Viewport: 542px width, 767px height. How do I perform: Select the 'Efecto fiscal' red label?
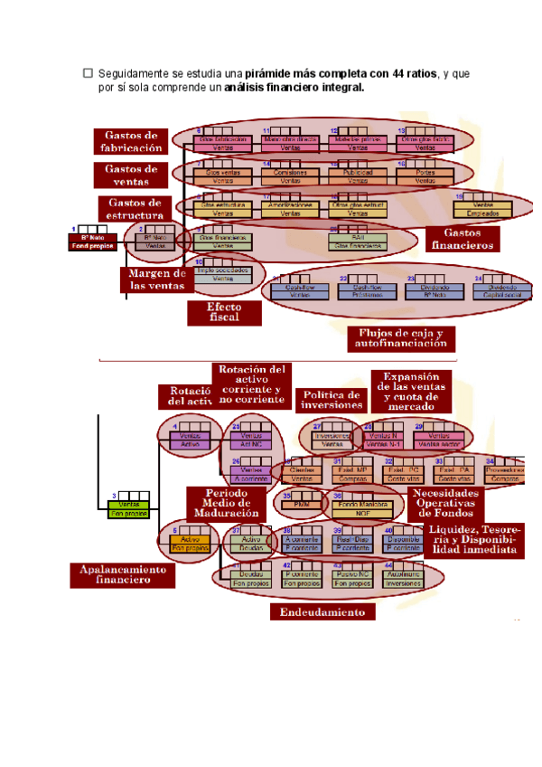click(223, 313)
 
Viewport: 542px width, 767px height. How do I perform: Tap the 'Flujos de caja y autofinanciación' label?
click(401, 338)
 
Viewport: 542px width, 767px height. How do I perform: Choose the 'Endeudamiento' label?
click(322, 612)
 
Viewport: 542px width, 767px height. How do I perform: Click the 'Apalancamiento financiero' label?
click(122, 575)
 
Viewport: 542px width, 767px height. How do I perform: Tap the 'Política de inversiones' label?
click(330, 401)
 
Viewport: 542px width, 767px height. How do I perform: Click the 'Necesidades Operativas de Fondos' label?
click(445, 503)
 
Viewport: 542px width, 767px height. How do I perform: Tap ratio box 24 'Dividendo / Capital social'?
click(502, 290)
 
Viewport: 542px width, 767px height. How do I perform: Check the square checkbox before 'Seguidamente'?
click(88, 72)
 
